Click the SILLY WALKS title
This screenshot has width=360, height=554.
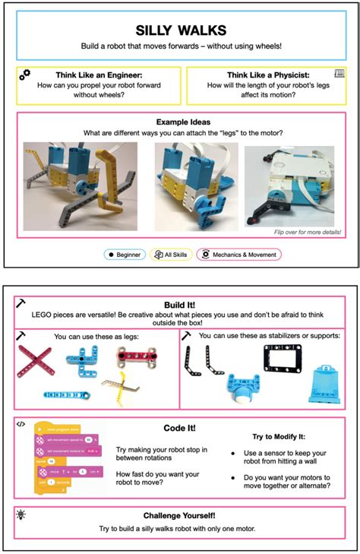[180, 30]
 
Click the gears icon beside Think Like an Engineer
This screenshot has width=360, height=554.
[25, 74]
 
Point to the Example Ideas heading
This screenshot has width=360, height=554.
[180, 122]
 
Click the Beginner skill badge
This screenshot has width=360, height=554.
[125, 255]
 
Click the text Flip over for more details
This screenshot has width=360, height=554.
[306, 233]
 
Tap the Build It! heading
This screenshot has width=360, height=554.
[180, 303]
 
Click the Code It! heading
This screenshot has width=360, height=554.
[180, 428]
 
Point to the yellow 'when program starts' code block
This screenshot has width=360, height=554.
[55, 429]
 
